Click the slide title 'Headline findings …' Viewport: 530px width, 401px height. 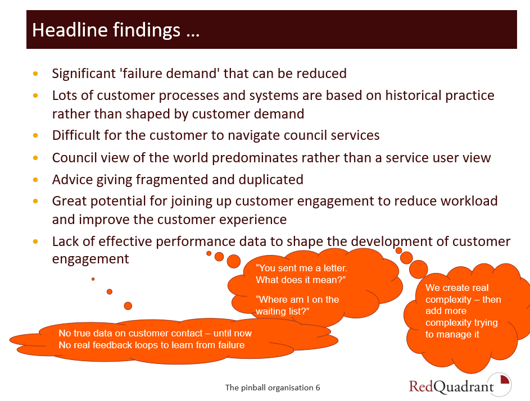pyautogui.click(x=116, y=30)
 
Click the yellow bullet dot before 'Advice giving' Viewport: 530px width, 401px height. pyautogui.click(x=35, y=180)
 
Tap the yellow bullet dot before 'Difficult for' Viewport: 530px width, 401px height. pyautogui.click(x=35, y=135)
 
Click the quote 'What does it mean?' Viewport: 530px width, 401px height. pyautogui.click(x=301, y=280)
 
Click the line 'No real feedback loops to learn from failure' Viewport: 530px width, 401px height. pyautogui.click(x=152, y=345)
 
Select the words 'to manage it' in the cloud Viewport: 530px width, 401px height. pyautogui.click(x=452, y=335)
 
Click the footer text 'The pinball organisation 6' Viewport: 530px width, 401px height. pyautogui.click(x=273, y=388)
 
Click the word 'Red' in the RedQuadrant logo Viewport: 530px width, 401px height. pyautogui.click(x=421, y=386)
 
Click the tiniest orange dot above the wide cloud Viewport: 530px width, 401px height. pyautogui.click(x=93, y=279)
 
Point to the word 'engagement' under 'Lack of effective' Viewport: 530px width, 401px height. pyautogui.click(x=90, y=259)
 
